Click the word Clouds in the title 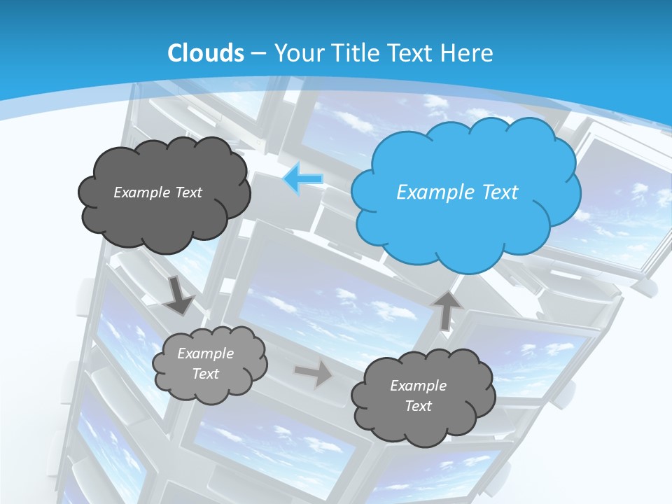206,53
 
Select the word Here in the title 469,53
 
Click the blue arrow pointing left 303,179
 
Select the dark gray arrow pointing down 180,296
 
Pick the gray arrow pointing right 313,373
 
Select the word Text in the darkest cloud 188,192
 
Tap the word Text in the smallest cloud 205,374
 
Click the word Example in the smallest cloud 205,353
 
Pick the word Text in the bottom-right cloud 418,406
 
